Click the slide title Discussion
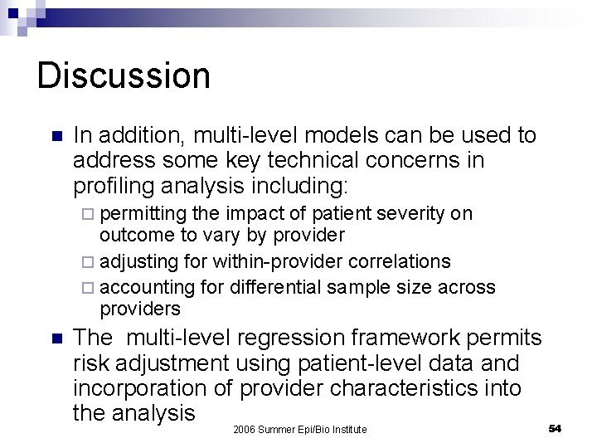(x=124, y=75)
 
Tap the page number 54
(x=555, y=427)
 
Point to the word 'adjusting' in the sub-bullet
(x=139, y=262)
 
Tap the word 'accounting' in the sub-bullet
(x=148, y=287)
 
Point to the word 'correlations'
(x=401, y=262)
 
